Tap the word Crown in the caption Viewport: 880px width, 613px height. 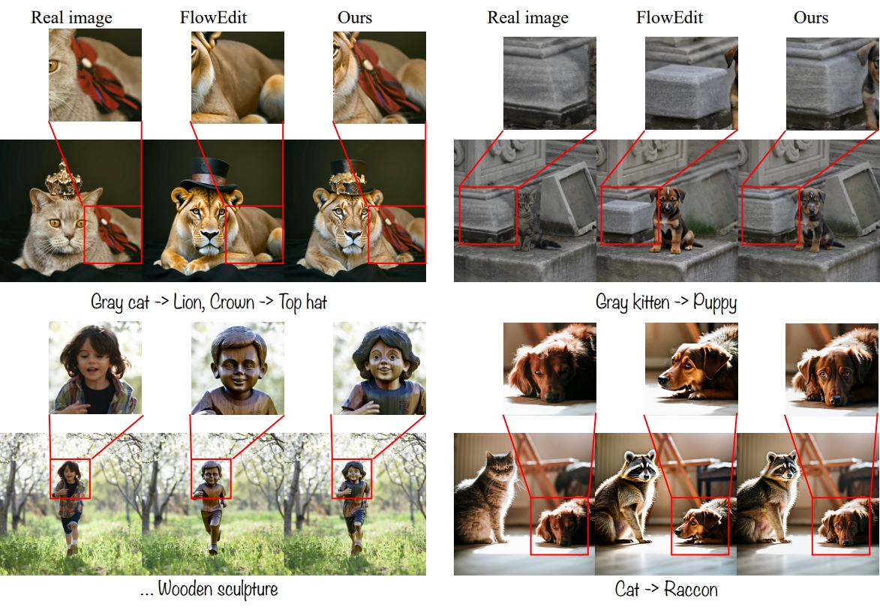(x=232, y=302)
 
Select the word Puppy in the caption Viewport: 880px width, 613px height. (x=714, y=303)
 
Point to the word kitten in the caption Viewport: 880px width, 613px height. (x=651, y=302)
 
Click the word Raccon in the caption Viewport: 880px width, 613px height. (x=691, y=589)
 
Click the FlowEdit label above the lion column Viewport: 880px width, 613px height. (x=213, y=17)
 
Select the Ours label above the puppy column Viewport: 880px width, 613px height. (x=811, y=17)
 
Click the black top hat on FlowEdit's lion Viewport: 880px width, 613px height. (x=206, y=173)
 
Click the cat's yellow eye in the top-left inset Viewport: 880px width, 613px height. (x=54, y=66)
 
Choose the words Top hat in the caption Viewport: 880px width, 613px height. (x=302, y=302)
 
